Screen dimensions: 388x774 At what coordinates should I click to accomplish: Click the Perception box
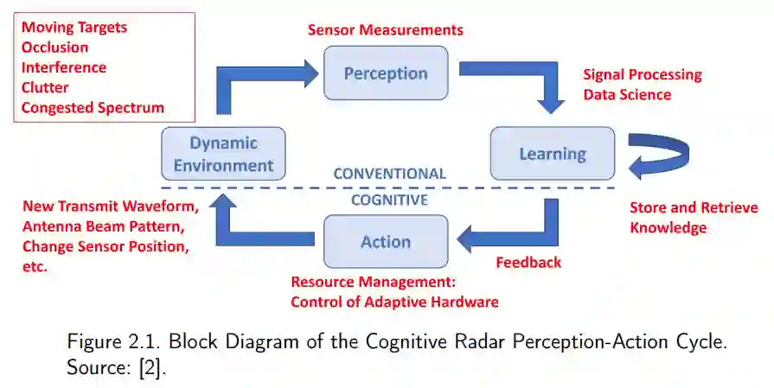pos(386,73)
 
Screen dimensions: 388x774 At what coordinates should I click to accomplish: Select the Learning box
pos(552,154)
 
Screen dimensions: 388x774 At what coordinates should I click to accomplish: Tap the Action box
pos(386,241)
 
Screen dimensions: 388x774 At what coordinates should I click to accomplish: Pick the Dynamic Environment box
pos(223,154)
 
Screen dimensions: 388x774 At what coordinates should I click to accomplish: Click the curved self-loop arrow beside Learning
pos(662,156)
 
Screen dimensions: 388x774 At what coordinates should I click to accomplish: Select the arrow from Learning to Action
pos(519,232)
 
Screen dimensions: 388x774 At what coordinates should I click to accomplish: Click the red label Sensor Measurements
pos(386,29)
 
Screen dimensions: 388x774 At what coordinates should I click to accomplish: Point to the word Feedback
pos(528,262)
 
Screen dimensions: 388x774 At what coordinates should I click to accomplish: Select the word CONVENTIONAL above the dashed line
pos(390,174)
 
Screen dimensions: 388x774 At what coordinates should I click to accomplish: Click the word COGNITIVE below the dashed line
pos(389,200)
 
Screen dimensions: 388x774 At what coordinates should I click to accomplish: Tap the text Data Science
pos(627,95)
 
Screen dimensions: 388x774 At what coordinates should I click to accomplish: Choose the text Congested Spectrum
pos(93,107)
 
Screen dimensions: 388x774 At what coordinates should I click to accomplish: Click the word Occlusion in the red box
pos(54,47)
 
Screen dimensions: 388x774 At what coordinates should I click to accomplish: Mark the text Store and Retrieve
pos(694,207)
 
